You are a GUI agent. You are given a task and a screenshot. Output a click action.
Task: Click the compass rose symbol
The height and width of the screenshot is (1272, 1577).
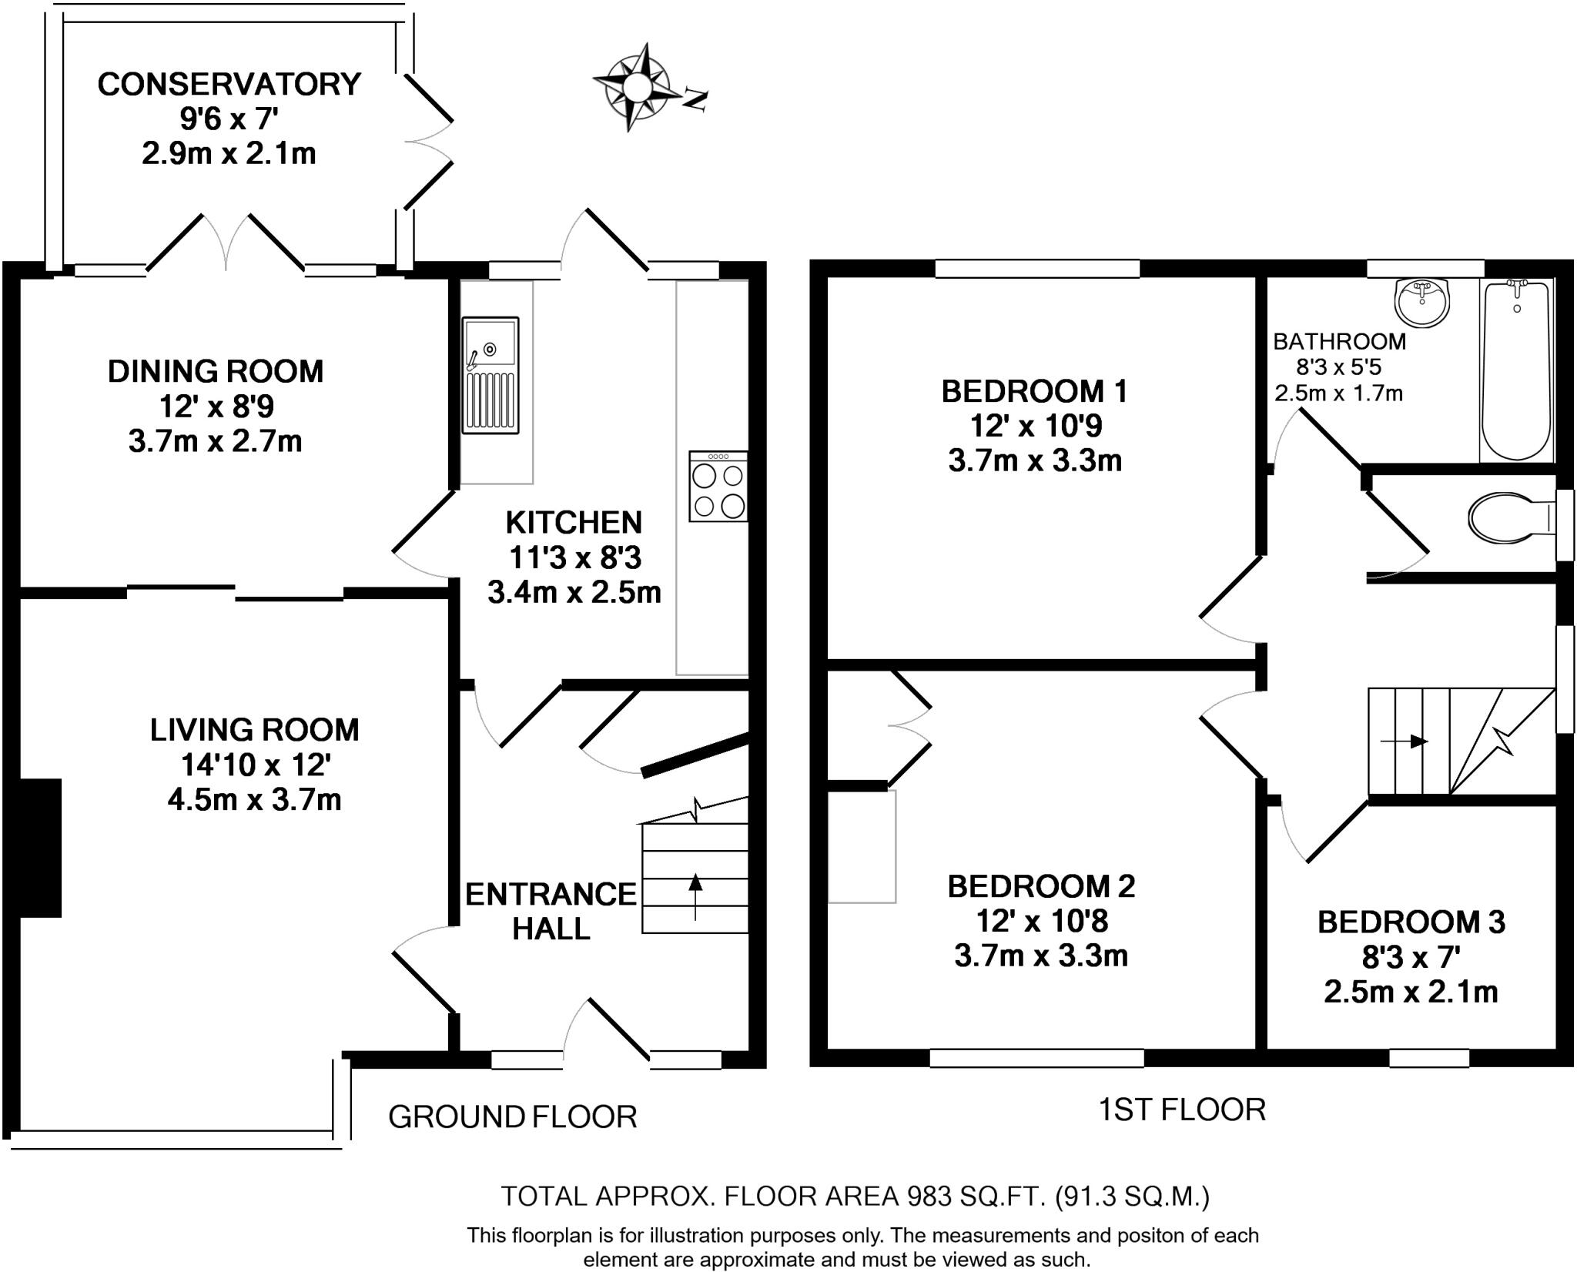pyautogui.click(x=636, y=87)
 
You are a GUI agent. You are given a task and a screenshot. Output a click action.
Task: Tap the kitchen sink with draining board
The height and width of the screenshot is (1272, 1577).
pyautogui.click(x=491, y=375)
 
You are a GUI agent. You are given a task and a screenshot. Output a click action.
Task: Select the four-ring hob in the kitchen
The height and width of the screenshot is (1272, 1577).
pyautogui.click(x=718, y=487)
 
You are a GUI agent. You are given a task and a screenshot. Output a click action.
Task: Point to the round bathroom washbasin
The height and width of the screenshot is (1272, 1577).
pyautogui.click(x=1421, y=303)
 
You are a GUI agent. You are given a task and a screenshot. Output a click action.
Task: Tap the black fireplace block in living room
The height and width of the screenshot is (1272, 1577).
pyautogui.click(x=40, y=848)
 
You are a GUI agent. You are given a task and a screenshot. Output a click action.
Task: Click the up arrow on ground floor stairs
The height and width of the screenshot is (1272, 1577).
pyautogui.click(x=695, y=896)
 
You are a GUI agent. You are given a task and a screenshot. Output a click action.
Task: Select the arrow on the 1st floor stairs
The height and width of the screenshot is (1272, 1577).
pyautogui.click(x=1404, y=741)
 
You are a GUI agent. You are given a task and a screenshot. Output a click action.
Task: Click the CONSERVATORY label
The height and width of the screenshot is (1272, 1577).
pyautogui.click(x=229, y=84)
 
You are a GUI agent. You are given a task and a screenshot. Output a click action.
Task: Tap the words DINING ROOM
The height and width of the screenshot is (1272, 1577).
pyautogui.click(x=215, y=371)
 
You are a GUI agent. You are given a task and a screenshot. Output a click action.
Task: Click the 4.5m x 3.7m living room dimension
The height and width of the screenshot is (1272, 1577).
pyautogui.click(x=254, y=800)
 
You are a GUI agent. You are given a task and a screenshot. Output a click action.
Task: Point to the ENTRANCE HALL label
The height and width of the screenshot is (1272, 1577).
pyautogui.click(x=551, y=911)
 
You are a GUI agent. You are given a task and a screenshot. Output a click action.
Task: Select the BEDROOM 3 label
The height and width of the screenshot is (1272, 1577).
pyautogui.click(x=1411, y=922)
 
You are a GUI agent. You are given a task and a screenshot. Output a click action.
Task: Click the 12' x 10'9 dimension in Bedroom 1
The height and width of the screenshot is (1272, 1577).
pyautogui.click(x=1034, y=426)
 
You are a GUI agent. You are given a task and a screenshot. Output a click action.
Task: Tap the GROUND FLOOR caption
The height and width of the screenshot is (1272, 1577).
pyautogui.click(x=512, y=1116)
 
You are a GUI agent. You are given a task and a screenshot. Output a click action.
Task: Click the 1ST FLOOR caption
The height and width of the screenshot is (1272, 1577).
pyautogui.click(x=1181, y=1110)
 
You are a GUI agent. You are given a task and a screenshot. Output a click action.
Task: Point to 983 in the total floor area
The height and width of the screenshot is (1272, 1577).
pyautogui.click(x=931, y=1196)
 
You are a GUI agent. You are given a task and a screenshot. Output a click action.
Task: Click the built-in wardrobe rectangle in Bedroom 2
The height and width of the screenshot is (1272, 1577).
pyautogui.click(x=862, y=846)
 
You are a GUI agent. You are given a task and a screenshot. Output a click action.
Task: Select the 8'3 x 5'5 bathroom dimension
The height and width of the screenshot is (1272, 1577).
pyautogui.click(x=1339, y=367)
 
